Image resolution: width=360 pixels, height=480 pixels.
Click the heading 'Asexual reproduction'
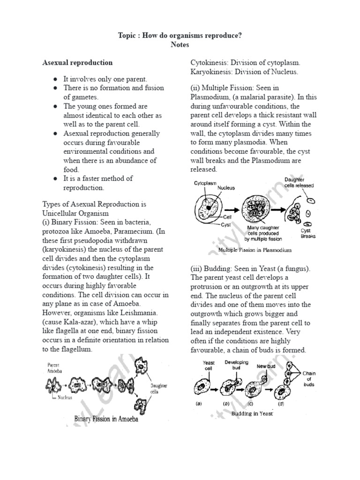click(x=77, y=62)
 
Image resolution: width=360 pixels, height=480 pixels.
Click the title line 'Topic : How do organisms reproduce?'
click(x=180, y=36)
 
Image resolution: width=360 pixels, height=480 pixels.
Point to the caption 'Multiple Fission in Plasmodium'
click(x=251, y=250)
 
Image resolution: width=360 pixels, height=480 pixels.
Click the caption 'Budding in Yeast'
click(x=252, y=414)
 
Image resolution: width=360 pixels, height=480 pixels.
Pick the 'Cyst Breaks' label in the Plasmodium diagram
click(x=308, y=233)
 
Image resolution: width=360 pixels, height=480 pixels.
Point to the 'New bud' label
click(x=266, y=366)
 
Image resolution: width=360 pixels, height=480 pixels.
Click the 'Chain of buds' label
click(x=309, y=379)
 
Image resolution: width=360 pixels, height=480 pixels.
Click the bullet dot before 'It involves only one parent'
click(x=55, y=79)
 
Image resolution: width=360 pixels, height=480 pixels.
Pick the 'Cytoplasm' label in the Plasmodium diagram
click(x=205, y=184)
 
